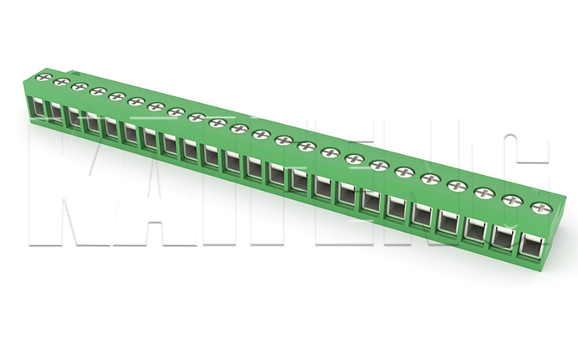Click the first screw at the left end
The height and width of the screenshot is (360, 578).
coord(44,77)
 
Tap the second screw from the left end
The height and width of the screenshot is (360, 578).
coord(61,82)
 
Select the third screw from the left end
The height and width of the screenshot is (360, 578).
coord(80,87)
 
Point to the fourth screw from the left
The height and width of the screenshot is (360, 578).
coord(98,91)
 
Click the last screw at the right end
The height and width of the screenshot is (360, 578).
coord(541,208)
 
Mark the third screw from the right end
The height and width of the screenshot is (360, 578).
coord(485,193)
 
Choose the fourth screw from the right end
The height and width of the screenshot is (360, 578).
coord(457,186)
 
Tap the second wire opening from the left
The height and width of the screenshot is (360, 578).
coord(55,112)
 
